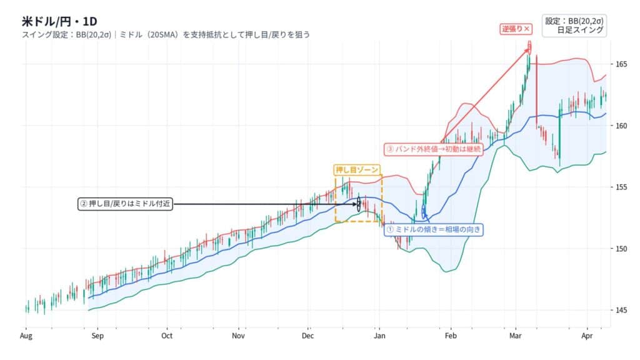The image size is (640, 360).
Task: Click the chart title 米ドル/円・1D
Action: click(59, 21)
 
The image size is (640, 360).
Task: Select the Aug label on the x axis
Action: click(26, 336)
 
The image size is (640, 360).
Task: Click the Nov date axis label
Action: click(239, 336)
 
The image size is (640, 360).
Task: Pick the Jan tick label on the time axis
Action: click(378, 336)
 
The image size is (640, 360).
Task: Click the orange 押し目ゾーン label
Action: click(357, 169)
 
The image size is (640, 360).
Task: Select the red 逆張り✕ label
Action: click(516, 29)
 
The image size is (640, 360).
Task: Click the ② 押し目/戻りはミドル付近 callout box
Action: click(125, 204)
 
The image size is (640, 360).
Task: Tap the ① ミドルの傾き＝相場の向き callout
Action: click(434, 229)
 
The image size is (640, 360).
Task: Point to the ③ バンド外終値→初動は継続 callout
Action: click(434, 149)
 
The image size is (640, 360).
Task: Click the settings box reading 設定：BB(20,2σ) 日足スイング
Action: click(574, 25)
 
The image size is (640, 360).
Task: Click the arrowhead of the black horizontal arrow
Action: click(359, 204)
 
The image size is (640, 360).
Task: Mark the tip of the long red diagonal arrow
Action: click(529, 48)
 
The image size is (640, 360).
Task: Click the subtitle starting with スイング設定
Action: click(166, 35)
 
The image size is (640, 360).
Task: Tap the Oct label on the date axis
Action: click(167, 336)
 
